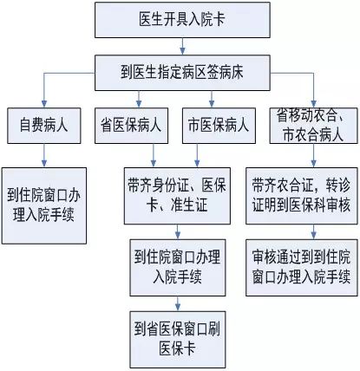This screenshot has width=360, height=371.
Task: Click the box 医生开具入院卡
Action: tap(182, 20)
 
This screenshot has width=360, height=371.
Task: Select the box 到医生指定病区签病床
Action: tap(182, 73)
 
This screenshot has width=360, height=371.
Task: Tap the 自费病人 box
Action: tap(44, 126)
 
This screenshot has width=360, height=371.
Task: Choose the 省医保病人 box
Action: tap(131, 126)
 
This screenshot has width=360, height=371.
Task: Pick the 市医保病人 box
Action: tap(219, 126)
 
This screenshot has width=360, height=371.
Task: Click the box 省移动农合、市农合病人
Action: tap(314, 126)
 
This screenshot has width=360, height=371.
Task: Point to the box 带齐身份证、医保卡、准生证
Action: tap(177, 196)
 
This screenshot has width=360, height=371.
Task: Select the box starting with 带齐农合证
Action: tap(302, 196)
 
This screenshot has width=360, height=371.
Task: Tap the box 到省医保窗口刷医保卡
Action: tap(178, 340)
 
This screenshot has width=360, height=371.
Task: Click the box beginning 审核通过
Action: tap(302, 268)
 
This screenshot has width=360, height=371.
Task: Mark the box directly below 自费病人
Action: tap(44, 205)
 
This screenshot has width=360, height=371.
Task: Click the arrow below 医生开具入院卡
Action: tap(182, 46)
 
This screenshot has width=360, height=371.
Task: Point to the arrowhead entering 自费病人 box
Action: tap(44, 104)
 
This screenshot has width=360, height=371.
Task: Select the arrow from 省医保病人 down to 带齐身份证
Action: tap(154, 155)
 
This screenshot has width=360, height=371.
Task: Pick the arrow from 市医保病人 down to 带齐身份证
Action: tap(197, 155)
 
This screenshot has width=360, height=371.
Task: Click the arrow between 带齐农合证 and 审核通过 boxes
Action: tap(314, 231)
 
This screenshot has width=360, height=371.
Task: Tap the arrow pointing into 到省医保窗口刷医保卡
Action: tap(178, 303)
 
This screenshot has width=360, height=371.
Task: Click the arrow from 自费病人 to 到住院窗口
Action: tap(44, 155)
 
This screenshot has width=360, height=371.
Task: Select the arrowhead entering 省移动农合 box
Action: tap(314, 104)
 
